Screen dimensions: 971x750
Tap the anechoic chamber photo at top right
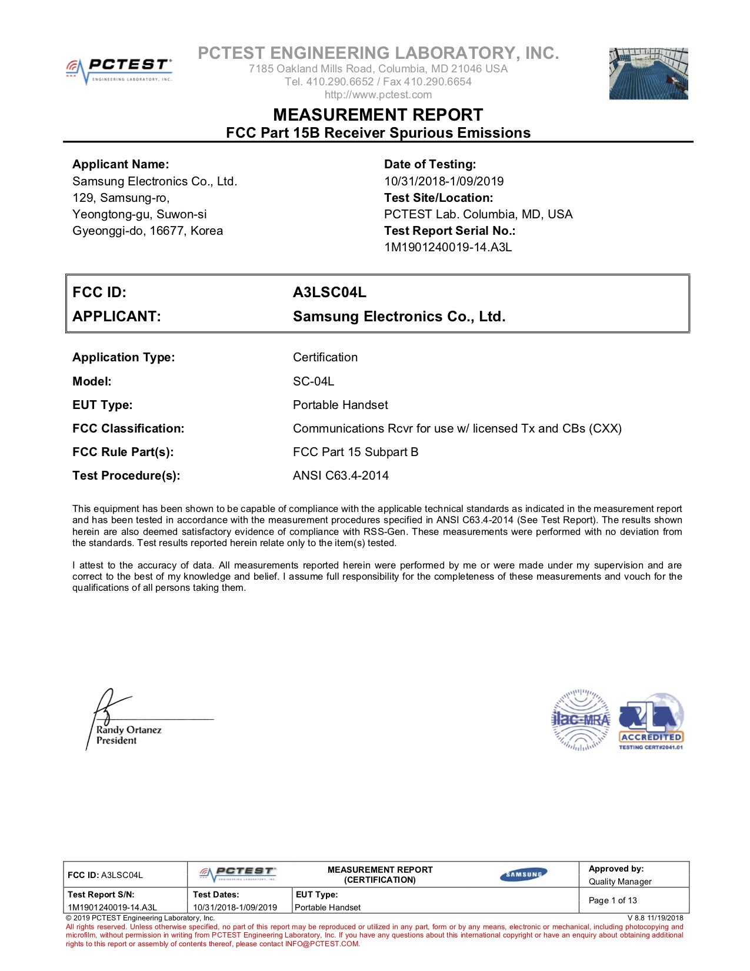(x=648, y=73)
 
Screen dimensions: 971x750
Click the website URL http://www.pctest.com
(x=378, y=95)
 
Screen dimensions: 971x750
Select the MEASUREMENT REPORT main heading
(x=378, y=114)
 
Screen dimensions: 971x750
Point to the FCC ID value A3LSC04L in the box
(x=329, y=292)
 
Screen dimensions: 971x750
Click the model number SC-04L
(x=314, y=381)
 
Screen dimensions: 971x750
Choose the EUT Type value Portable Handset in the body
(x=340, y=405)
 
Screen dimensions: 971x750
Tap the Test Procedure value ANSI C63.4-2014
(x=341, y=475)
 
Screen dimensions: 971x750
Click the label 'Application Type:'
(x=124, y=357)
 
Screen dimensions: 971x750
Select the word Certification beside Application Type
(x=325, y=357)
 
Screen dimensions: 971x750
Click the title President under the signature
(x=116, y=740)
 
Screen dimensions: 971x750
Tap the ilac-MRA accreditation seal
(x=581, y=720)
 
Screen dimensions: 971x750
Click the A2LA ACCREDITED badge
(x=651, y=721)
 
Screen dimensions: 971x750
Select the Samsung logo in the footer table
(x=524, y=874)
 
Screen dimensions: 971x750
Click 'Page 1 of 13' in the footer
(x=612, y=900)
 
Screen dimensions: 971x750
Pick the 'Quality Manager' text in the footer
(x=620, y=882)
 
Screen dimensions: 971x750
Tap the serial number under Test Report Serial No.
(x=448, y=247)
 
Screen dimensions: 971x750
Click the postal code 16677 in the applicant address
(x=168, y=231)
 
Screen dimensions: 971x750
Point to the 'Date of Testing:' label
(x=430, y=164)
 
